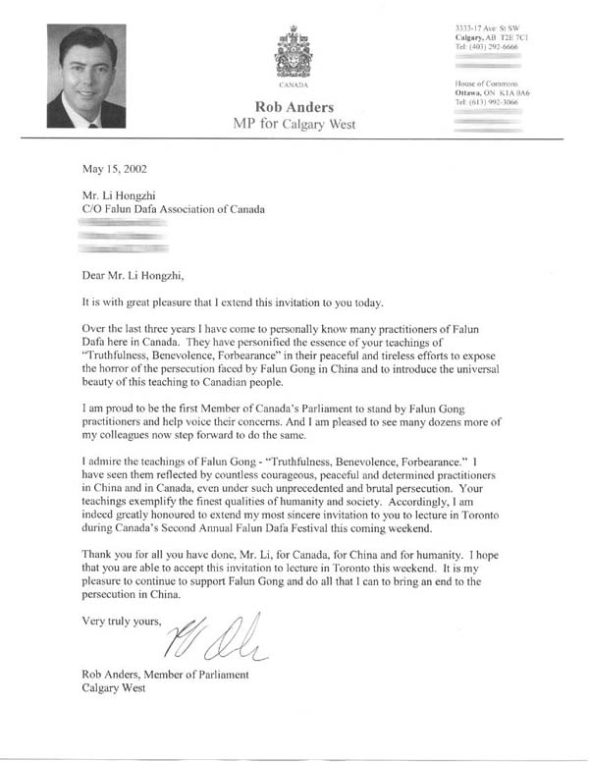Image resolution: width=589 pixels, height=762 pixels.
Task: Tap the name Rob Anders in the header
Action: (x=294, y=106)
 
